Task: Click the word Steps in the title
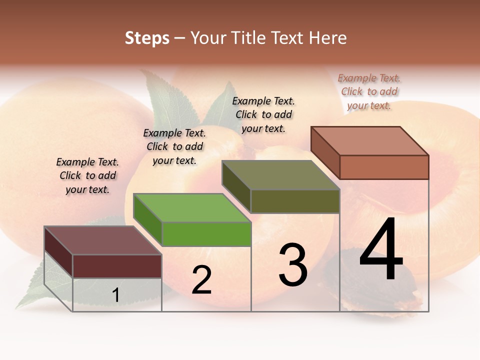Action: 147,38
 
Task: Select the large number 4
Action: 381,250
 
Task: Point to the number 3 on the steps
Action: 292,265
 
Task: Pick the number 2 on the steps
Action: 201,280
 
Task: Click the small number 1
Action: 115,295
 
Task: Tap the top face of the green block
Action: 191,207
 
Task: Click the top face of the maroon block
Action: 102,240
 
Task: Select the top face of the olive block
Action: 280,175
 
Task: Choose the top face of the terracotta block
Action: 369,141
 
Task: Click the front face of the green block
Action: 206,234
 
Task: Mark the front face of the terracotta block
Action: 384,167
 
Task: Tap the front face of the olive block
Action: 295,201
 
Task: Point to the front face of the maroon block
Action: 117,266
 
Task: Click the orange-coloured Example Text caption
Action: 369,91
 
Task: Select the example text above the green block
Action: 174,146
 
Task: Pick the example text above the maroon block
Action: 87,175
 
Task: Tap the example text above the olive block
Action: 263,114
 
